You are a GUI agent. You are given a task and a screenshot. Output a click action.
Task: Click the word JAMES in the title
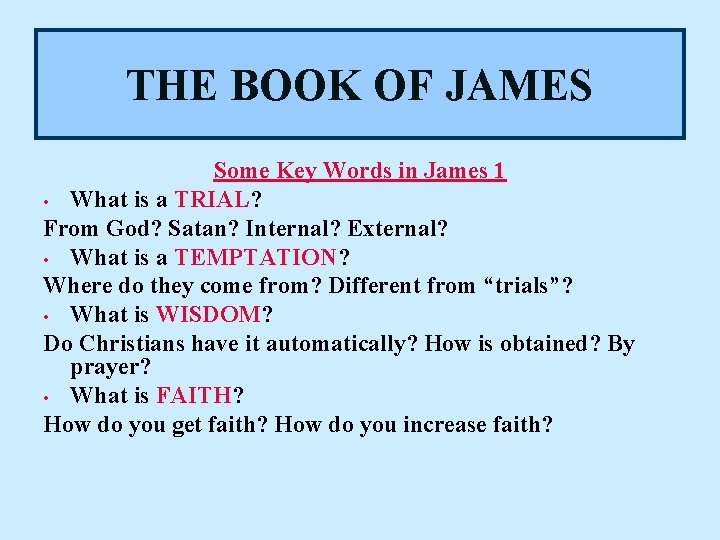(517, 85)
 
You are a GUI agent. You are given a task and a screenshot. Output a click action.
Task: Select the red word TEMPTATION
(256, 257)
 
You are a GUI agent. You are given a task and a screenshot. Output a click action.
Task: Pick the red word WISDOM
(208, 315)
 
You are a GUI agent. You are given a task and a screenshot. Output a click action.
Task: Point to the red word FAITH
(193, 395)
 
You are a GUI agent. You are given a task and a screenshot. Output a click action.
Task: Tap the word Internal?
(293, 228)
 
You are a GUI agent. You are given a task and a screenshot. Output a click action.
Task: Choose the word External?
(398, 228)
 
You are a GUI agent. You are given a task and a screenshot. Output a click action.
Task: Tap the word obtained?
(543, 344)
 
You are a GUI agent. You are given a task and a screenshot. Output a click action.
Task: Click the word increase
(445, 424)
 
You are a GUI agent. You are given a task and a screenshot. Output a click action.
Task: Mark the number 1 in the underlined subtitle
(499, 171)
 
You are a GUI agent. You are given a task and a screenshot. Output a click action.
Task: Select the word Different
(375, 286)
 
